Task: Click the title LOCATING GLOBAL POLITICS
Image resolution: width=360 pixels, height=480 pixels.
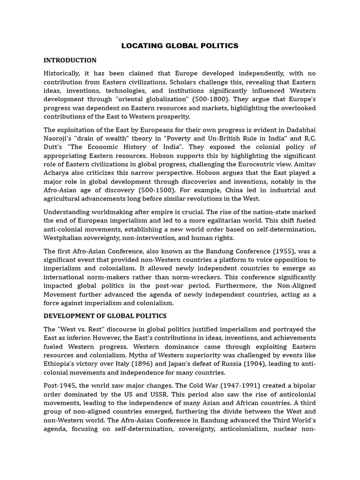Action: (180, 46)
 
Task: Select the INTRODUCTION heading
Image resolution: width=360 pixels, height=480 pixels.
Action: (70, 60)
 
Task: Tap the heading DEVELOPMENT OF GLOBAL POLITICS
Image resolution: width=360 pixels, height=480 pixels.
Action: (105, 316)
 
